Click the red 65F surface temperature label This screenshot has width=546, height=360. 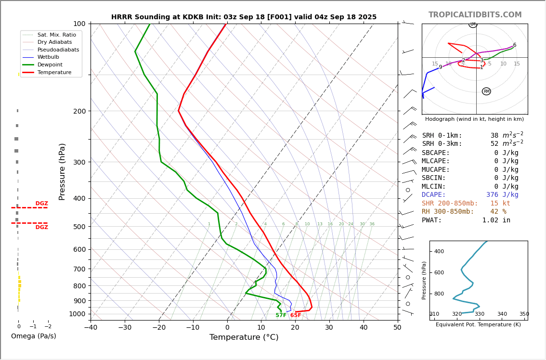click(x=296, y=316)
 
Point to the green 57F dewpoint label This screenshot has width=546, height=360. click(x=281, y=316)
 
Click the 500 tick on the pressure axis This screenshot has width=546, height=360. click(x=79, y=227)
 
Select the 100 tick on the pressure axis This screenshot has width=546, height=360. click(x=79, y=24)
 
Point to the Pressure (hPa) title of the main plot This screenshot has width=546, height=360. click(x=62, y=171)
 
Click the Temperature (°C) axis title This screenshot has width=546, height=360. click(x=244, y=338)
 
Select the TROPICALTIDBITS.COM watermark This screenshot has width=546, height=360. click(x=475, y=15)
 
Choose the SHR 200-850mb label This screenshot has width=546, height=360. click(x=450, y=204)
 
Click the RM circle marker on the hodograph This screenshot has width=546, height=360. click(x=486, y=91)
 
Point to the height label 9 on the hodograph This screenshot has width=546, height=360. click(x=440, y=68)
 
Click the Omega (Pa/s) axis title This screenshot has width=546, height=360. click(x=33, y=336)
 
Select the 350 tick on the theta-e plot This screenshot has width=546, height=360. click(x=524, y=314)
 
